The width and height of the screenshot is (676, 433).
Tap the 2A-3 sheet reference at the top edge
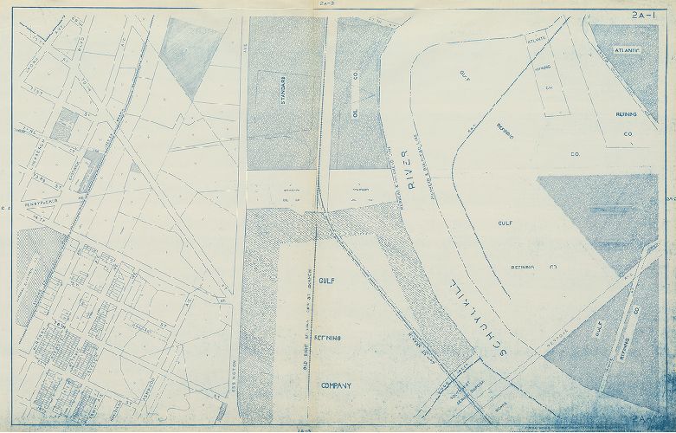click(x=328, y=3)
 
